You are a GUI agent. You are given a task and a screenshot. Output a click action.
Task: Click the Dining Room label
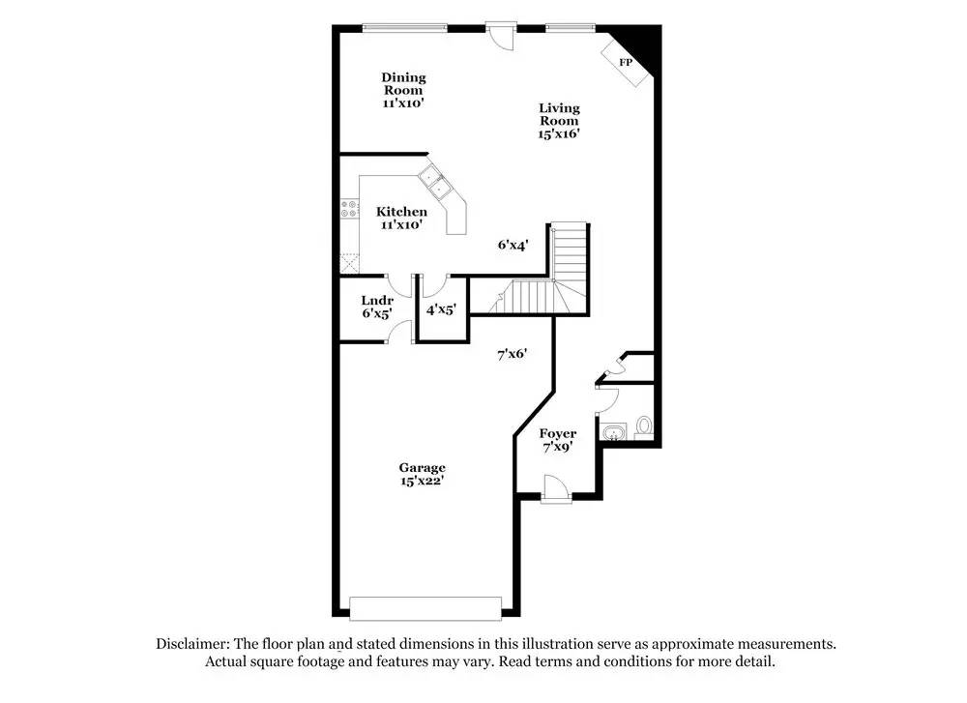pos(403,89)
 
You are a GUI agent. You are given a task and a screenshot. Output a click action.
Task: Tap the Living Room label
pos(559,121)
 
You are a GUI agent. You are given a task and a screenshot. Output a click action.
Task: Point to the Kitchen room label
pos(401,218)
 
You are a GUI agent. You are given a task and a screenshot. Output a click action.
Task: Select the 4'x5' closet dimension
pos(441,309)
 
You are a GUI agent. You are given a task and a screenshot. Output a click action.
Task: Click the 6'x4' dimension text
pos(513,246)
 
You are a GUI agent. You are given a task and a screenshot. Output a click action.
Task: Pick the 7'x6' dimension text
pos(512,354)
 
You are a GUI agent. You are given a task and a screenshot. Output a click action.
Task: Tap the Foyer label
pos(558,440)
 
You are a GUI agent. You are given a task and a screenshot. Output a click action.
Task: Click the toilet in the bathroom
pos(644,426)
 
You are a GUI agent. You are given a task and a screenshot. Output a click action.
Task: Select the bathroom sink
pos(612,431)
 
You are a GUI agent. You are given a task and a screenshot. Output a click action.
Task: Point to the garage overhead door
pos(425,608)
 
